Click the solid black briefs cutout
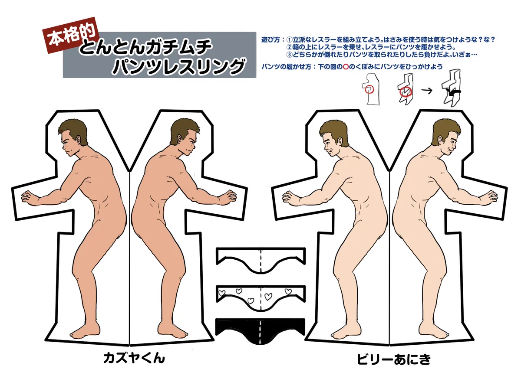click(x=261, y=331)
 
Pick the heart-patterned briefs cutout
click(x=261, y=297)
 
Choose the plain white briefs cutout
click(x=261, y=260)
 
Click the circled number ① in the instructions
click(x=290, y=39)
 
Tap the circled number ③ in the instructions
click(x=290, y=55)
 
